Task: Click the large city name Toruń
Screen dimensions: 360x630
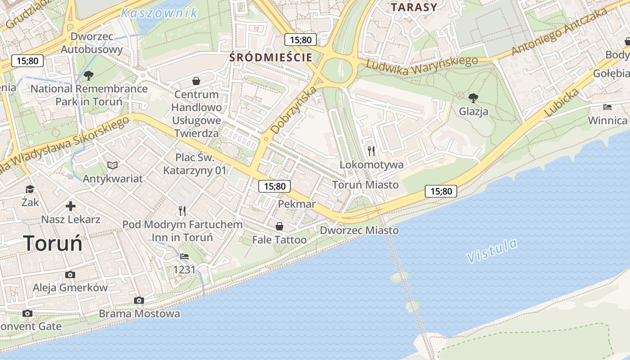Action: (53, 243)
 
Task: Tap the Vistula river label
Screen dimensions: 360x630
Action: (492, 251)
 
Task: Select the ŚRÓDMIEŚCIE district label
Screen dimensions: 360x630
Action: (271, 58)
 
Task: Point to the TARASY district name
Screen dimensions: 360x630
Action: (414, 7)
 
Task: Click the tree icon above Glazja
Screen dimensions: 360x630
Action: (473, 98)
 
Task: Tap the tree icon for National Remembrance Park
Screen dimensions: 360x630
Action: (89, 75)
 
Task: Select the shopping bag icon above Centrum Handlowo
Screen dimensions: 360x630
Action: (196, 81)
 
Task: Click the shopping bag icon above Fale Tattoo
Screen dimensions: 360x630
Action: (279, 226)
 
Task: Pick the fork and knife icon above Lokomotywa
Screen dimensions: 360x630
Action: (371, 151)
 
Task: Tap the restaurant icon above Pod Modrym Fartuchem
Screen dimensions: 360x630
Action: (182, 211)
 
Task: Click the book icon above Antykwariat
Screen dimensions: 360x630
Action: (112, 165)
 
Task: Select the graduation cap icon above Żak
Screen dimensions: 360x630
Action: (30, 189)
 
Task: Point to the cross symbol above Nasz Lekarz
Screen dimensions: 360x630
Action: (71, 206)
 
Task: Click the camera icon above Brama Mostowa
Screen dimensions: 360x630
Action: (139, 300)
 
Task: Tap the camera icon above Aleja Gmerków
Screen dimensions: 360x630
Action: (70, 274)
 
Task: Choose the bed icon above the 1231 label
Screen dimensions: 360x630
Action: (184, 256)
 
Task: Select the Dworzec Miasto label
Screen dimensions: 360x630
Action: (359, 230)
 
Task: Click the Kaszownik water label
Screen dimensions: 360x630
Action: (159, 13)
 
